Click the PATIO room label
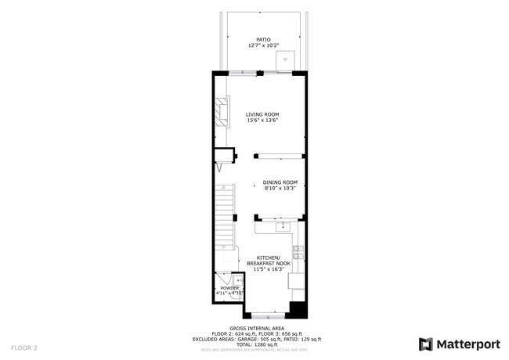tap(262, 39)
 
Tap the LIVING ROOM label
tap(262, 114)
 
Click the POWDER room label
tap(229, 288)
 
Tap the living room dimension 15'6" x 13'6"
tap(262, 121)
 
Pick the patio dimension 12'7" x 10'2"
tap(262, 45)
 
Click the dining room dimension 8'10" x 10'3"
tap(280, 187)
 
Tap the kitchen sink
tap(283, 227)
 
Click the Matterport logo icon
tap(425, 344)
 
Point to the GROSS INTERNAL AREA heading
tap(257, 328)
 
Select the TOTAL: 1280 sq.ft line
tap(257, 344)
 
